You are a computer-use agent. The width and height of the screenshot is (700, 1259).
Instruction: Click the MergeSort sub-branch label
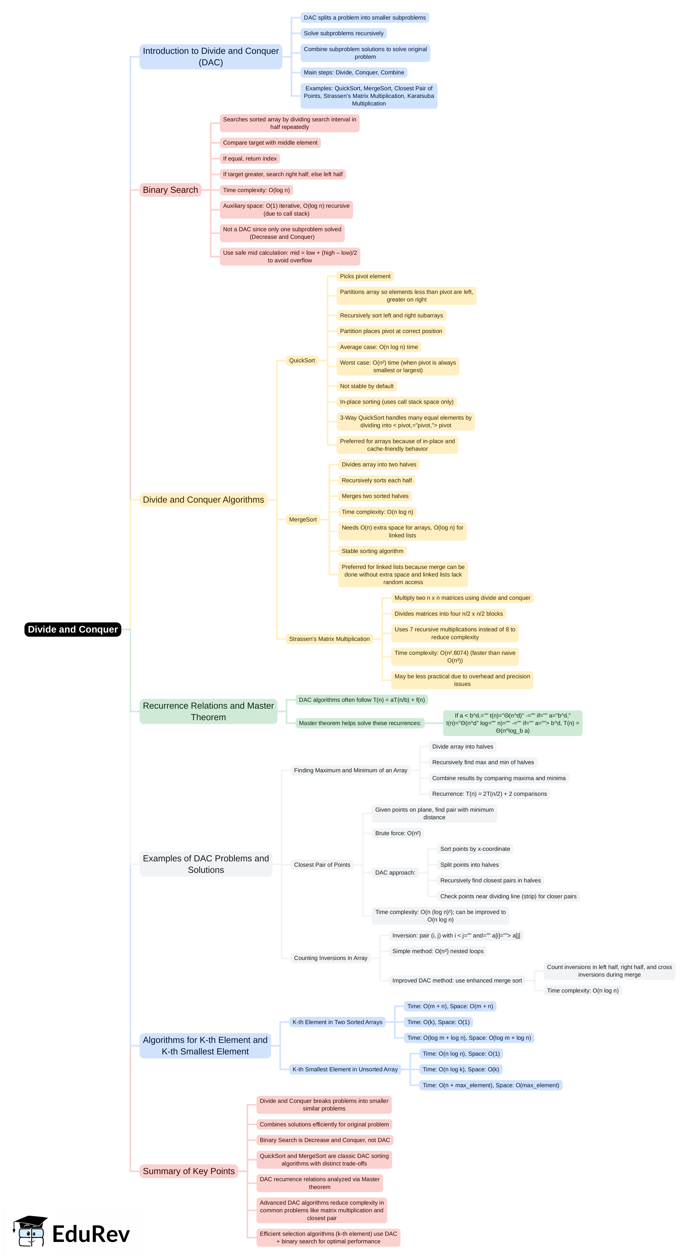303,520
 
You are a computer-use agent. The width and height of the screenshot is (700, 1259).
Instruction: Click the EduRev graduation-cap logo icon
30,1232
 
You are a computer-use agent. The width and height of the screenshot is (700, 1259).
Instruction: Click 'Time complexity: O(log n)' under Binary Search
256,190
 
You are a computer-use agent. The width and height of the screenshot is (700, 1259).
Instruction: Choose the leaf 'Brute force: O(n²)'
397,833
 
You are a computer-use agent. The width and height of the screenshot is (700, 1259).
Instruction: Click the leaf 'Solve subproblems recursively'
344,33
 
